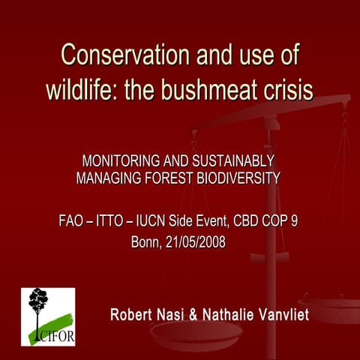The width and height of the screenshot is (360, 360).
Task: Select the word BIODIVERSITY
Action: [235, 178]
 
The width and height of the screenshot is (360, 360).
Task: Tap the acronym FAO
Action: [72, 222]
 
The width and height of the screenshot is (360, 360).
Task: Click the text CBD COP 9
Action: [268, 222]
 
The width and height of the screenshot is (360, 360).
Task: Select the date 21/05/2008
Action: [198, 243]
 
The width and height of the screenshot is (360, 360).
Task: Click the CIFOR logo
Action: [48, 316]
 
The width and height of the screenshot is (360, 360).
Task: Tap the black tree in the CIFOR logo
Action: [37, 304]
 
